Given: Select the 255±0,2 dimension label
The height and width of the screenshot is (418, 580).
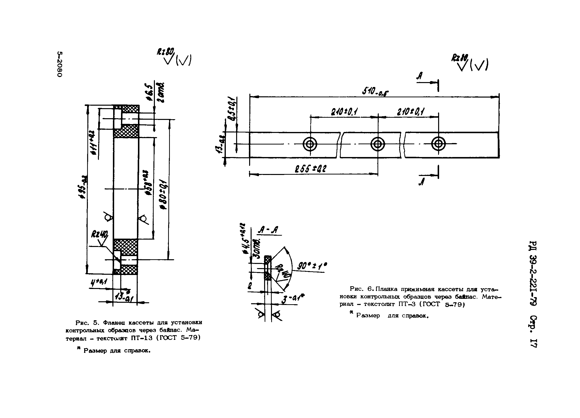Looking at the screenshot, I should pyautogui.click(x=310, y=169).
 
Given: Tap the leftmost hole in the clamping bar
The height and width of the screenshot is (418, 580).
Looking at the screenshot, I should pyautogui.click(x=310, y=144).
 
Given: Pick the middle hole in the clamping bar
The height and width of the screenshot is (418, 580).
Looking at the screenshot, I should pyautogui.click(x=378, y=144).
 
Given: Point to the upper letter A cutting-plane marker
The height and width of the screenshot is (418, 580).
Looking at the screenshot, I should pyautogui.click(x=419, y=75).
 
